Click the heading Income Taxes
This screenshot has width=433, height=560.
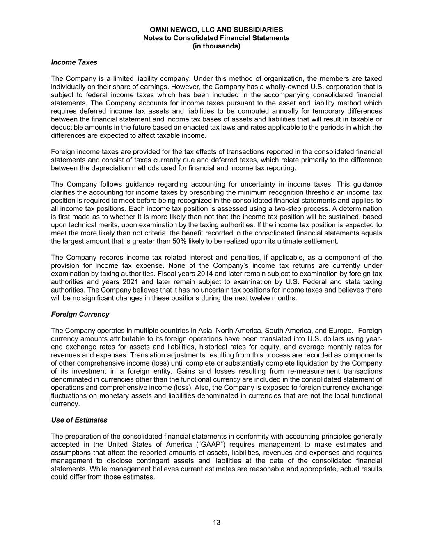click(74, 62)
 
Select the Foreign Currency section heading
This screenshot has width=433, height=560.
click(80, 314)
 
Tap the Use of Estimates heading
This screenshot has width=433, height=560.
click(79, 420)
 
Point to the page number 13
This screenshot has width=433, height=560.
click(217, 522)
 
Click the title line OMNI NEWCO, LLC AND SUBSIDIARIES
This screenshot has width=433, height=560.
click(216, 30)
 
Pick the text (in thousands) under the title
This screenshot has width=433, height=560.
click(216, 46)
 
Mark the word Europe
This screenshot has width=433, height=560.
click(341, 331)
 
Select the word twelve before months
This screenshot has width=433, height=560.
click(263, 298)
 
